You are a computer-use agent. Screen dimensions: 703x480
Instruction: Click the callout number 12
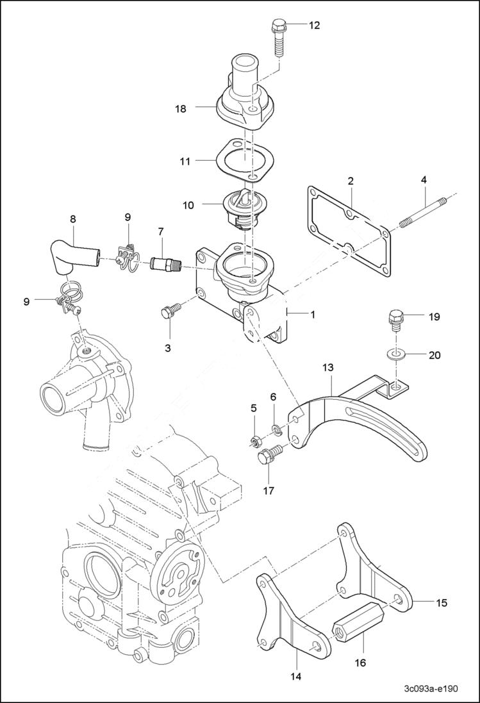(314, 26)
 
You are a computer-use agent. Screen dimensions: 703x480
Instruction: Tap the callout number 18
(181, 109)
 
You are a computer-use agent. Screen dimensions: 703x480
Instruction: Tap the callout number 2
(351, 181)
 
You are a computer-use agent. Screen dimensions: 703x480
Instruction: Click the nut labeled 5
(255, 440)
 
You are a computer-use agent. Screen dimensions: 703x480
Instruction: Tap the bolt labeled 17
(267, 459)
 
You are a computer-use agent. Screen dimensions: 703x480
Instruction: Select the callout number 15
(442, 602)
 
